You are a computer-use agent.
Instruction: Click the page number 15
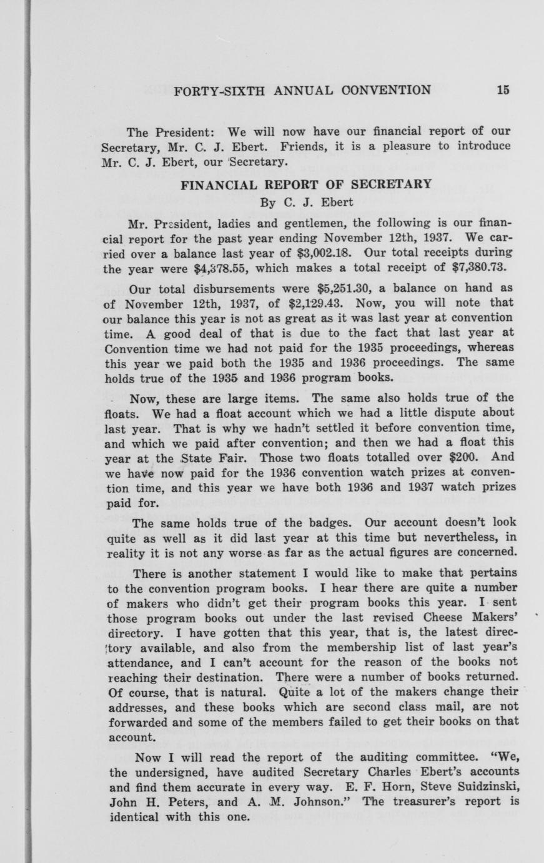pyautogui.click(x=503, y=89)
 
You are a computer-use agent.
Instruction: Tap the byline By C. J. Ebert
pyautogui.click(x=306, y=202)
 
